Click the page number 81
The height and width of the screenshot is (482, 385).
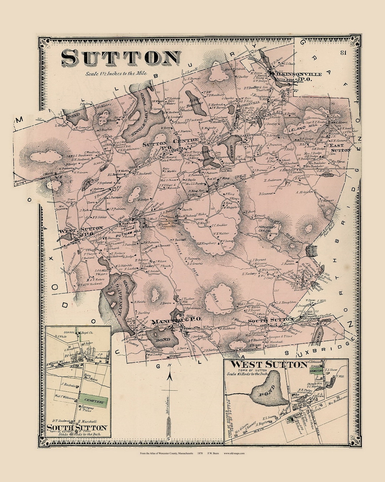[x=343, y=53]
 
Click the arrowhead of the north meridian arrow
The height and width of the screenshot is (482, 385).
[x=170, y=376]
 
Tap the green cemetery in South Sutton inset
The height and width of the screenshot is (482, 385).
[x=93, y=402]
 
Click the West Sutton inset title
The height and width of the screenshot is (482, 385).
[x=268, y=365]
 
